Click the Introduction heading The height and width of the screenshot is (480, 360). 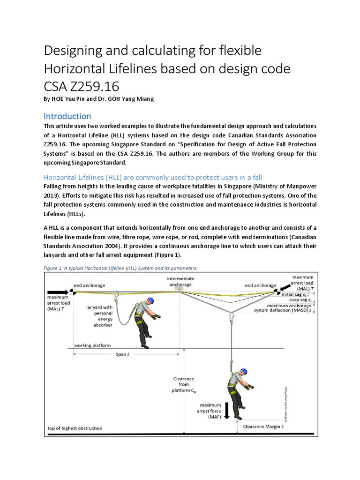67,116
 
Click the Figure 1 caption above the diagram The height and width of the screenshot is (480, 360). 120,268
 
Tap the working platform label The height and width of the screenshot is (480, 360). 92,345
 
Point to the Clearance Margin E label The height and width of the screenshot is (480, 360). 265,427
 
